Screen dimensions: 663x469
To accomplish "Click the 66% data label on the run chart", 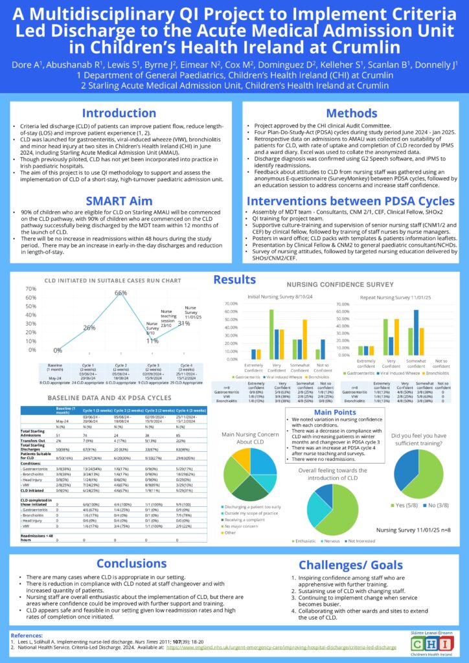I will click(x=120, y=293).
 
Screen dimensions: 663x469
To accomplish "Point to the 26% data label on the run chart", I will click(x=89, y=328).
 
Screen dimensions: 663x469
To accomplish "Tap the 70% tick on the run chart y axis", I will click(x=30, y=288).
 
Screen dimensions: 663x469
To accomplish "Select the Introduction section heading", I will click(x=119, y=113).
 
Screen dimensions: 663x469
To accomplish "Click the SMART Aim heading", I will click(x=119, y=201).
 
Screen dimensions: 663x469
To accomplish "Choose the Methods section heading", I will click(x=352, y=113).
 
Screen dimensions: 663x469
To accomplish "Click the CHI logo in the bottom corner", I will click(x=429, y=644).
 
